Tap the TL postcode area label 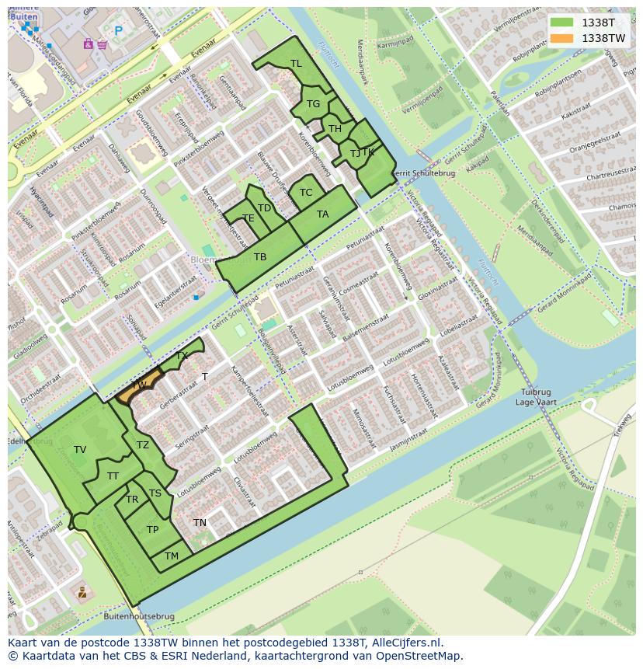pyautogui.click(x=296, y=64)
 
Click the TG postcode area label pyautogui.click(x=313, y=104)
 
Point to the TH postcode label pyautogui.click(x=335, y=129)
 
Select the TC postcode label pyautogui.click(x=306, y=193)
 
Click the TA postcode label pyautogui.click(x=322, y=214)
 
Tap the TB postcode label pyautogui.click(x=260, y=257)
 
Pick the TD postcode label pyautogui.click(x=264, y=208)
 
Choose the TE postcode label pyautogui.click(x=249, y=219)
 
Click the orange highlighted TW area pyautogui.click(x=140, y=386)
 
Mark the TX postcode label pyautogui.click(x=182, y=356)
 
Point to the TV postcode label pyautogui.click(x=80, y=450)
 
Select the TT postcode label pyautogui.click(x=113, y=476)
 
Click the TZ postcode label pyautogui.click(x=143, y=445)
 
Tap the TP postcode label pyautogui.click(x=153, y=530)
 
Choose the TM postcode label pyautogui.click(x=172, y=556)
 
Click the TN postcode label pyautogui.click(x=200, y=523)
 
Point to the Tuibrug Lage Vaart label pyautogui.click(x=536, y=397)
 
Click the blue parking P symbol pyautogui.click(x=119, y=31)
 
